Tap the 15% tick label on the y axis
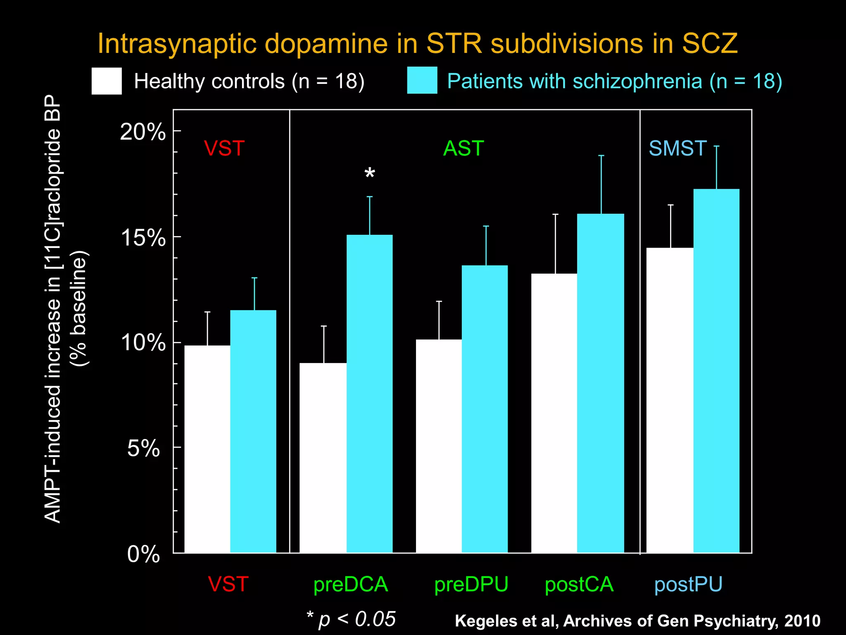coord(143,238)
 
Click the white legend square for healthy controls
coord(107,81)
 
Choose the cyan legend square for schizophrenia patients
coord(422,80)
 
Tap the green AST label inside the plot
coord(463,148)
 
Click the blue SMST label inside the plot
coord(677,148)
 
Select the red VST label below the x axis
coord(228,584)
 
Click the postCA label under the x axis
coord(579,585)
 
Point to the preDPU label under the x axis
coord(471,585)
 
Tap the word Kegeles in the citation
coord(482,621)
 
